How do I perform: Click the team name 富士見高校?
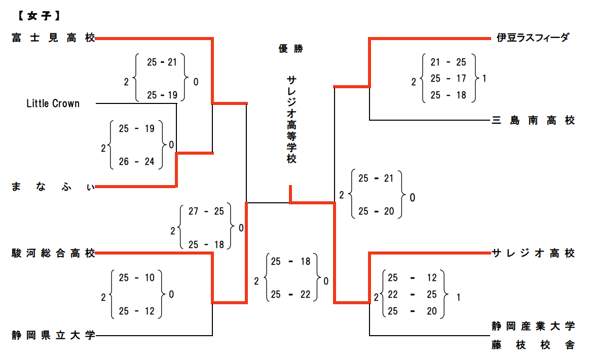tap(53, 38)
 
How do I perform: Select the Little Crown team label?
tap(53, 103)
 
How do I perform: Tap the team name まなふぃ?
tap(53, 187)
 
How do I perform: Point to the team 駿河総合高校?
tap(53, 253)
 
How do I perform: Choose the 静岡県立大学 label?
tap(53, 335)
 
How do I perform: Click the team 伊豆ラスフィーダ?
tap(533, 38)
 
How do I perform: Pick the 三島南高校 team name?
tap(533, 121)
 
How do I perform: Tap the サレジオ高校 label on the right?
tap(533, 253)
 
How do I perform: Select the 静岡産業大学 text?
tap(533, 326)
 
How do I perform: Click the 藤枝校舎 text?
tap(533, 345)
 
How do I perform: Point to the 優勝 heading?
tap(291, 49)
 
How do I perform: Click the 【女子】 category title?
tap(38, 16)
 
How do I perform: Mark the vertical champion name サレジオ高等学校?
tap(291, 120)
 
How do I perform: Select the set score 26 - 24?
tap(136, 162)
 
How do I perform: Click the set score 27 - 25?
tap(206, 211)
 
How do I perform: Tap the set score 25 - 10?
tap(136, 278)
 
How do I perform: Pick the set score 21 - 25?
tap(448, 62)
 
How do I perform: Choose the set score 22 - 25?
tap(412, 295)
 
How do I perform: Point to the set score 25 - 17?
tap(448, 79)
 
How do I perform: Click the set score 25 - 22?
tap(290, 295)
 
